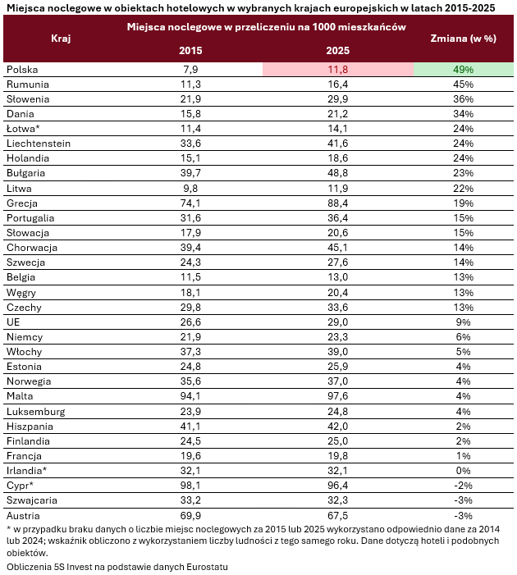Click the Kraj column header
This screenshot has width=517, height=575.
pos(61,39)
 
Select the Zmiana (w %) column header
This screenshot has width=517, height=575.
pos(463,39)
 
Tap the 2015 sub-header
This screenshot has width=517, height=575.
pos(190,51)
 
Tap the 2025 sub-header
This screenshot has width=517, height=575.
pos(337,51)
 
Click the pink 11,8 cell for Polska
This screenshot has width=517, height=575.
pos(338,69)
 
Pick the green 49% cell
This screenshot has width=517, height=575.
pos(464,69)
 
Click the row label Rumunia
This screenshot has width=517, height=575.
pos(28,84)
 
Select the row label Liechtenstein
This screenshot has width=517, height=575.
pos(39,144)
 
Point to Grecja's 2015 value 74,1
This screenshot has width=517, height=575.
pos(190,203)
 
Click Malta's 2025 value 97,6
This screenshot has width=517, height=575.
pos(337,396)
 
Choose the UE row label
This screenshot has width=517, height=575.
pos(13,322)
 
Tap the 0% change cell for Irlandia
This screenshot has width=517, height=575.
pos(463,471)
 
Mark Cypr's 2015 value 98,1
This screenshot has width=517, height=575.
pos(190,485)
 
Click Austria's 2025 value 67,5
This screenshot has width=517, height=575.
pos(337,516)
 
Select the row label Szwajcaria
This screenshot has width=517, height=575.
pos(31,500)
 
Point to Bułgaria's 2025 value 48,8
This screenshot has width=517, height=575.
pos(337,173)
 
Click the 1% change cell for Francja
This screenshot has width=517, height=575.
pos(463,456)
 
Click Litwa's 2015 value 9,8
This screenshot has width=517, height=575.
pos(190,189)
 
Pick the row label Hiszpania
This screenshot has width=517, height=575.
pos(30,427)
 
